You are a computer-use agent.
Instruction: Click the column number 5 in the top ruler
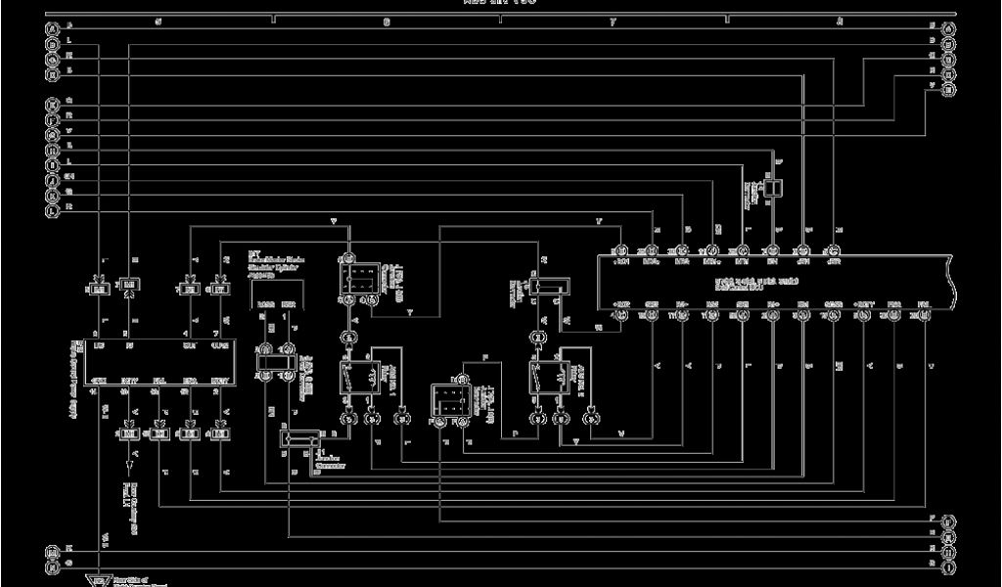click(x=158, y=21)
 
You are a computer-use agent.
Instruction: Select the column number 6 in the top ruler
click(x=387, y=21)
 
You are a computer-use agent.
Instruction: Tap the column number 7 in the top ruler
click(x=614, y=21)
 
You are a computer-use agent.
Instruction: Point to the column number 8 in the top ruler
click(x=839, y=21)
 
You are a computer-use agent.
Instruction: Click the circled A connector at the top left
click(x=52, y=29)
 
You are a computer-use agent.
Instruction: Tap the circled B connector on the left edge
click(x=52, y=146)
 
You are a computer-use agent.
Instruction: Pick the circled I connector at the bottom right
click(x=948, y=565)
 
